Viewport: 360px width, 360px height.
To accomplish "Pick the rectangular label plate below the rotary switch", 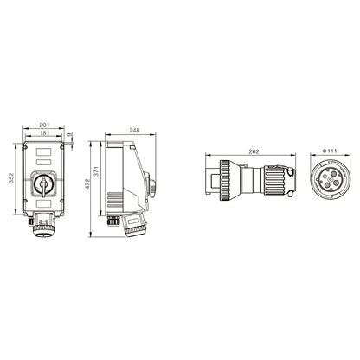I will (x=43, y=209).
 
